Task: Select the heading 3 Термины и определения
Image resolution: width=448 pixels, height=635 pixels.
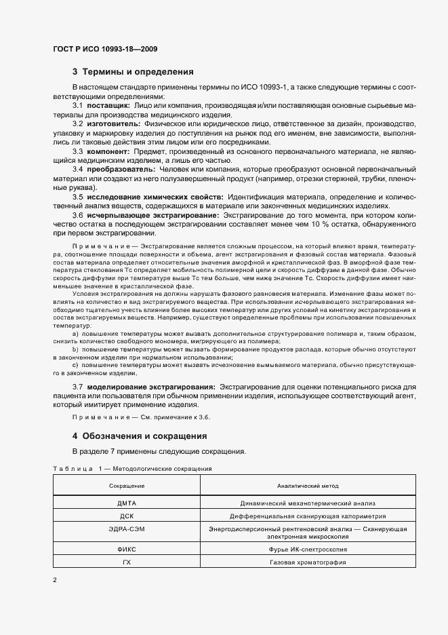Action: coord(134,72)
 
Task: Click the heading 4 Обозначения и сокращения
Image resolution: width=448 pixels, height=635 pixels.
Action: coord(140,436)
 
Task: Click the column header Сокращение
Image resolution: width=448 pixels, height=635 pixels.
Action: coord(127,486)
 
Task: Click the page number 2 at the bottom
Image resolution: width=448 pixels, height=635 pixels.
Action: coord(55,580)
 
